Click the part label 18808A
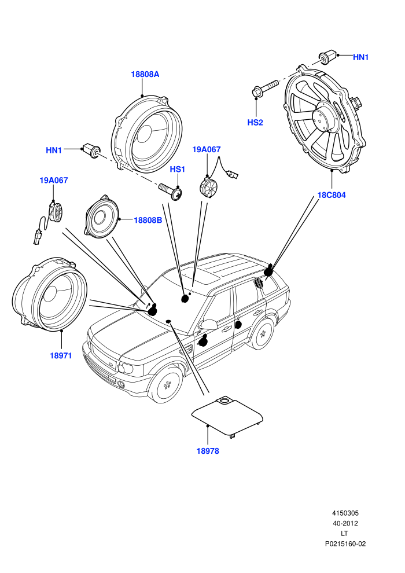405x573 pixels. (145, 74)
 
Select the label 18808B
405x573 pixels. (148, 220)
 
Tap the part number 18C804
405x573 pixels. (331, 195)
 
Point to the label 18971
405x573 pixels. (61, 355)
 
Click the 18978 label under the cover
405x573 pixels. (208, 451)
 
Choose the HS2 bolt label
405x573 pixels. (255, 123)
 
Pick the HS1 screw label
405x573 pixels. (178, 169)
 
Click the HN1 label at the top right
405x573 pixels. (361, 57)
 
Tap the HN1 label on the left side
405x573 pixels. (54, 150)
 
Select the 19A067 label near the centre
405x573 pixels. (207, 149)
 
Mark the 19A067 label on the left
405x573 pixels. (54, 180)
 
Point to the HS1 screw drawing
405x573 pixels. (170, 192)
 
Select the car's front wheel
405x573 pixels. (167, 384)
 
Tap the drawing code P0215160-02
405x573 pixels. (345, 543)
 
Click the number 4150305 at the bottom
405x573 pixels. (345, 513)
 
